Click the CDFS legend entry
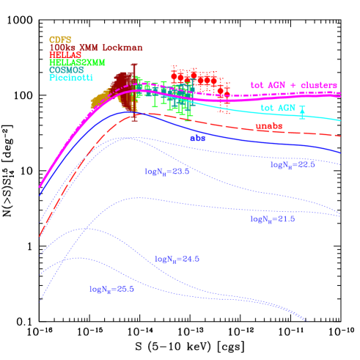[x=59, y=40]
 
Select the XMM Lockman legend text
[x=95, y=48]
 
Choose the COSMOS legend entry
[x=66, y=70]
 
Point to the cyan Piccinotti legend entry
[x=70, y=77]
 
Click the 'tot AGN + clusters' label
[x=293, y=85]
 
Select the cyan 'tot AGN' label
[x=276, y=109]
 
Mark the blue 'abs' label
[x=197, y=138]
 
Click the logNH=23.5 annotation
[x=167, y=172]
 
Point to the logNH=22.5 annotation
[x=293, y=165]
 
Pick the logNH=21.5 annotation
[x=272, y=219]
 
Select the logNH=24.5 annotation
[x=177, y=259]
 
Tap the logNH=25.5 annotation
[x=111, y=289]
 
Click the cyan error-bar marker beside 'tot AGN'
[x=302, y=113]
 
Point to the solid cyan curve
[x=323, y=116]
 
